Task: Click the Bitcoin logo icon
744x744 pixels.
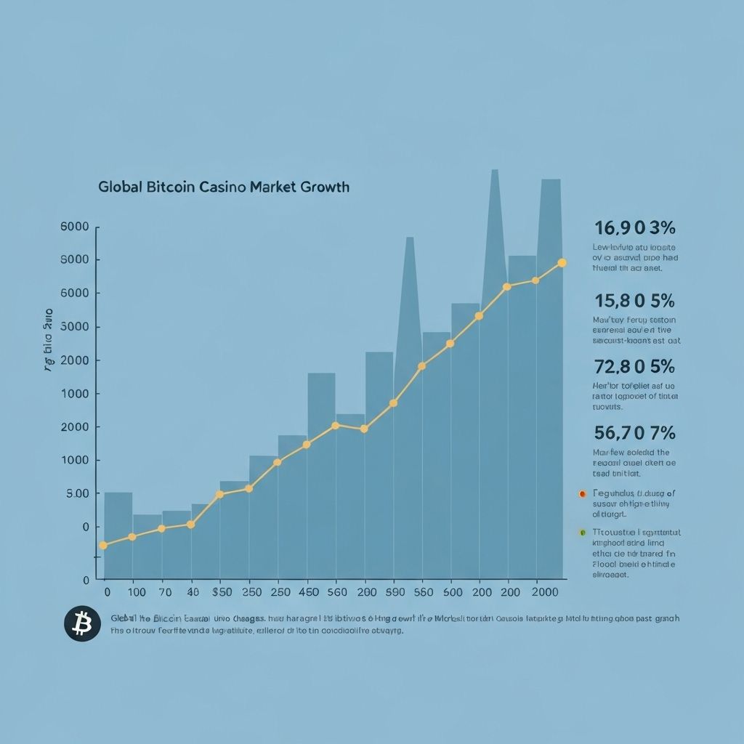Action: (x=82, y=623)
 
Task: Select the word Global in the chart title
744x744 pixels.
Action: (x=120, y=187)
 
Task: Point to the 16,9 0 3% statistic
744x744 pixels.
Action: (x=634, y=228)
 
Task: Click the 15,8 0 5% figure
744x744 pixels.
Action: (x=634, y=300)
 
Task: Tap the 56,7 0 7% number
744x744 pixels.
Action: (x=634, y=433)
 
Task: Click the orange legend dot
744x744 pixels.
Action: (x=582, y=493)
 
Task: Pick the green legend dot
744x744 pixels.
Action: (x=582, y=532)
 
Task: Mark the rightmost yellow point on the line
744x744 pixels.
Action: (x=562, y=262)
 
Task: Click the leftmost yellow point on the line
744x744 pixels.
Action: (x=102, y=545)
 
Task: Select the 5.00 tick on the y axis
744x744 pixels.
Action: (x=76, y=494)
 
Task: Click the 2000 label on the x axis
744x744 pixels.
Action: (x=545, y=592)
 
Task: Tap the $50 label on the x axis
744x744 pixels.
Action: (x=221, y=592)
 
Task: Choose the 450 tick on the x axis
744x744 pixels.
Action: (x=309, y=592)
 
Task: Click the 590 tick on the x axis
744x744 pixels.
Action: (x=394, y=592)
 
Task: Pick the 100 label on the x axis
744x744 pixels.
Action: (x=136, y=592)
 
